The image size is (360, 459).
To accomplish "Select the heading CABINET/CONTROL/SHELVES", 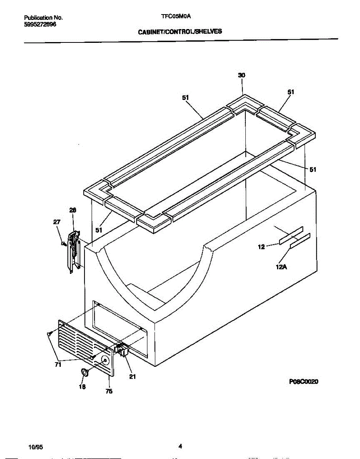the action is tap(180, 32).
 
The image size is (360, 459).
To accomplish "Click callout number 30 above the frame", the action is tap(242, 76).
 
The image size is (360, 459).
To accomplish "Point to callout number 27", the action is tap(57, 222).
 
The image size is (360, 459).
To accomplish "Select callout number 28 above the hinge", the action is tap(73, 210).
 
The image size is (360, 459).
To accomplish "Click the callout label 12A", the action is tap(281, 267).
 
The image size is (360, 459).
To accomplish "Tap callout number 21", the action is tap(133, 376).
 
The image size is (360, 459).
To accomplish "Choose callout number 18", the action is tap(82, 387).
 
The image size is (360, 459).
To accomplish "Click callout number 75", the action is tap(109, 391).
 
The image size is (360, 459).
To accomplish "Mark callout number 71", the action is tap(58, 365).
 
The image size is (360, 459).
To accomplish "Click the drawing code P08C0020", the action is tap(304, 381).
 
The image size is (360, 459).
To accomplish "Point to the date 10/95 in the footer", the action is tap(35, 446).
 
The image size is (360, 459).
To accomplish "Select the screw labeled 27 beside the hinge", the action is tap(64, 243).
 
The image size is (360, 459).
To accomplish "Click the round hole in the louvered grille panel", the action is tap(105, 360).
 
